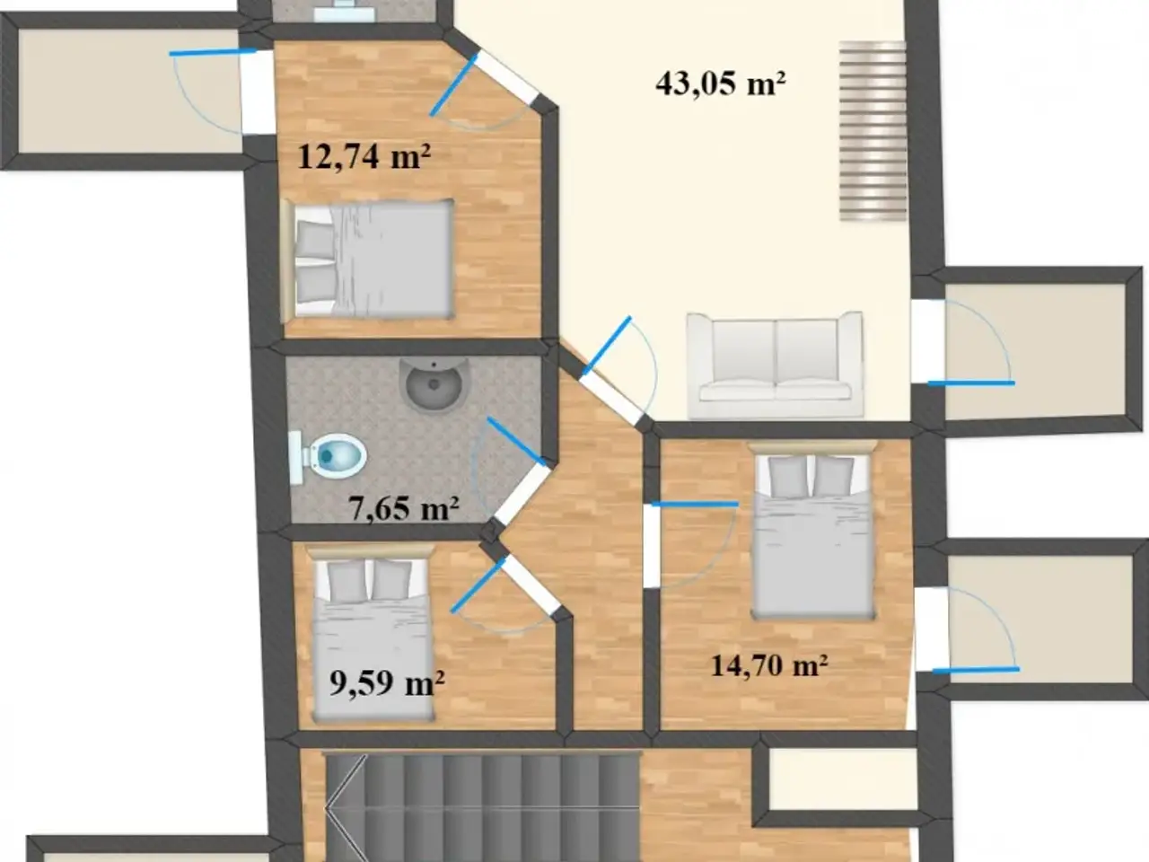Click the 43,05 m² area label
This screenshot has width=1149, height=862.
coord(720,84)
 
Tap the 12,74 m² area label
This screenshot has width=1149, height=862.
coord(364,156)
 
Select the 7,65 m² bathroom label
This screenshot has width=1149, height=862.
coord(404,508)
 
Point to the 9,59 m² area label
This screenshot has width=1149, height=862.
coord(388,682)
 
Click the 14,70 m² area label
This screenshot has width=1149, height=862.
coord(769,665)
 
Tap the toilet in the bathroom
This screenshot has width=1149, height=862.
coord(328,456)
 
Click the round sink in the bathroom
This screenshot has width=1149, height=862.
coord(434,384)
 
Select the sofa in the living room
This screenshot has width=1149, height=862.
coord(775,365)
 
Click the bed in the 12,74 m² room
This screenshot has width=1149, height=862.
coord(367,259)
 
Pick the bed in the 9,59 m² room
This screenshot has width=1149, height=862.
coord(373,634)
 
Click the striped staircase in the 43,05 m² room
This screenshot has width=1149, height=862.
coord(873,131)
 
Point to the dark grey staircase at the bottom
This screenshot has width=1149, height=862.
coord(482,806)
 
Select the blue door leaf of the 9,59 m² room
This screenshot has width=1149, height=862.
coord(478,585)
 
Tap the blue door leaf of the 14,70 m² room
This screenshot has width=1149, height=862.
coord(695,504)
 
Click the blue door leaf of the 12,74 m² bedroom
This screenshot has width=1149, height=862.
coord(454,84)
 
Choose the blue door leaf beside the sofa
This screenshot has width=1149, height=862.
coord(606,346)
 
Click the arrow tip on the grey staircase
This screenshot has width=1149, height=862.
coord(325,808)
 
